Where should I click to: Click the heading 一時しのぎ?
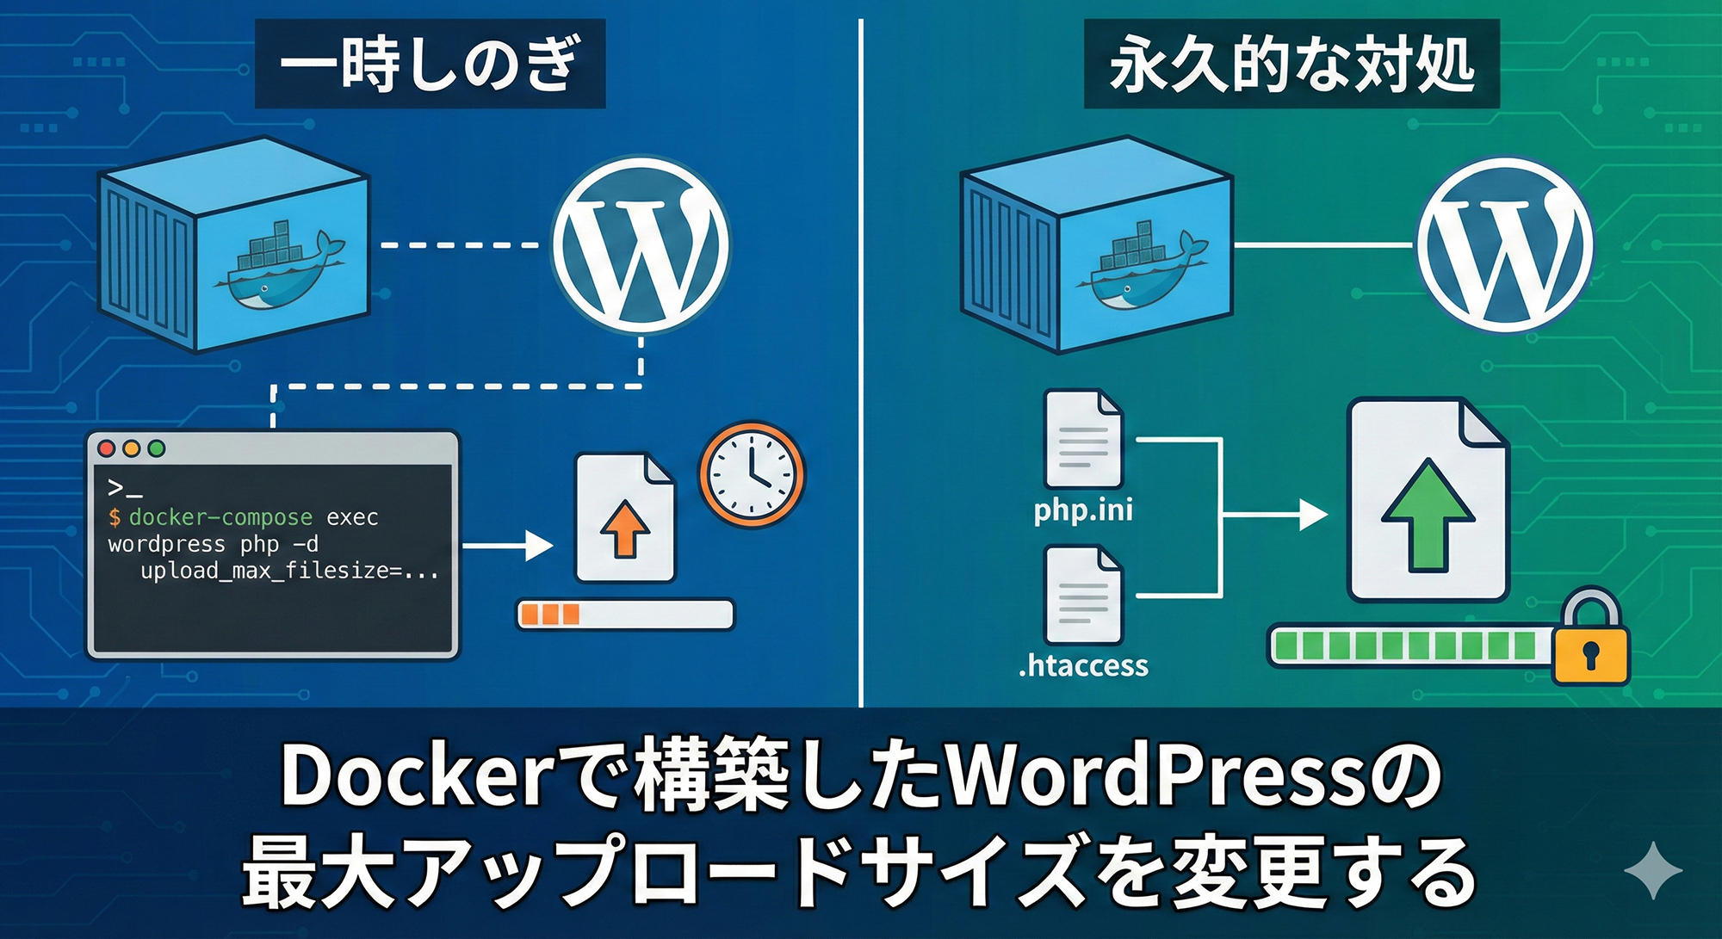(x=430, y=65)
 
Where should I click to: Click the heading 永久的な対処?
(x=1291, y=65)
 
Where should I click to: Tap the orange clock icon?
(x=752, y=474)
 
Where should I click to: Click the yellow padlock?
(x=1591, y=641)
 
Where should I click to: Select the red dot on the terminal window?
(x=107, y=448)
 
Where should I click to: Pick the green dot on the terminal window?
(x=157, y=448)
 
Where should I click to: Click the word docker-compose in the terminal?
(x=220, y=517)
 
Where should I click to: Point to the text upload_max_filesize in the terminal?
(x=264, y=571)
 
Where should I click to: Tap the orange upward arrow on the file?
(x=625, y=527)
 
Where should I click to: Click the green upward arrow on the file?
(x=1428, y=516)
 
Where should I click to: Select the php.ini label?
(x=1083, y=510)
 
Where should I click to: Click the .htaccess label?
(x=1083, y=665)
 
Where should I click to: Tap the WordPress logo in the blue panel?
(x=640, y=244)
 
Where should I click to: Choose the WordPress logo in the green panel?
(x=1504, y=244)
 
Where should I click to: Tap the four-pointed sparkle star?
(x=1653, y=870)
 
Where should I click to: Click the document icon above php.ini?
(x=1083, y=439)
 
